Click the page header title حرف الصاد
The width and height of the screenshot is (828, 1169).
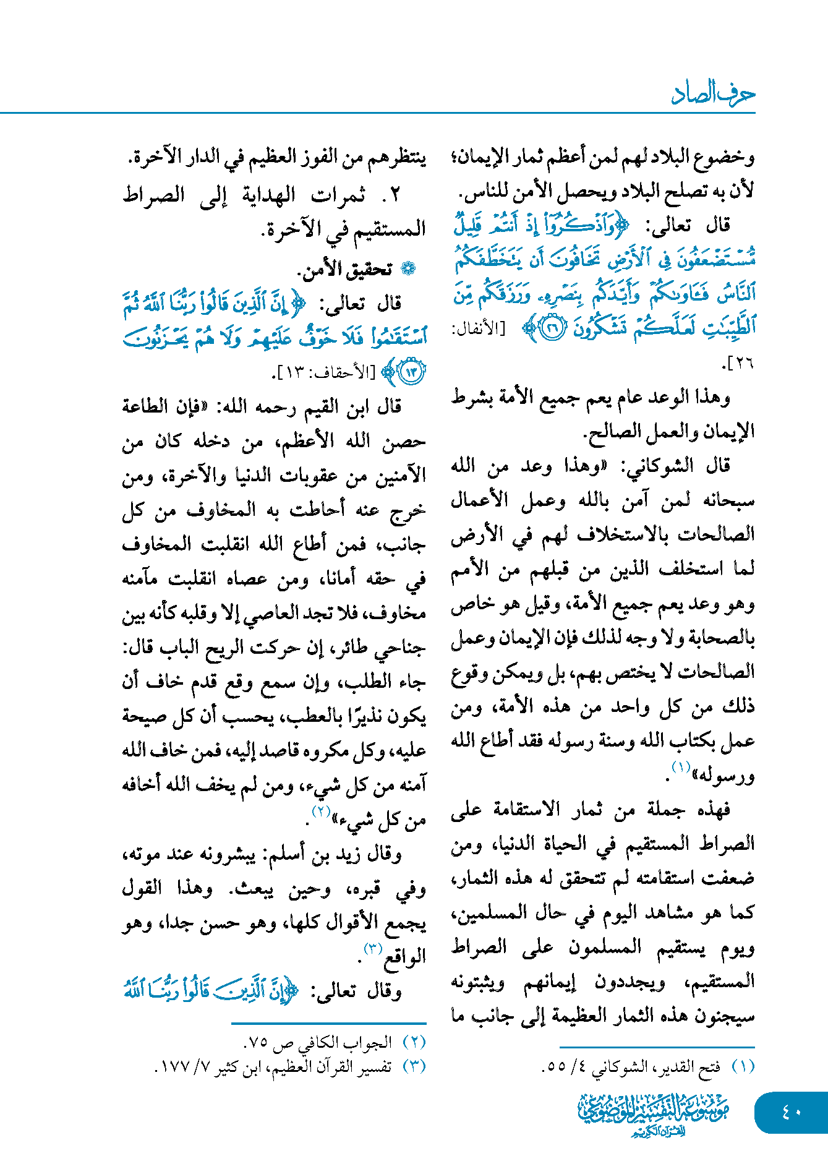(713, 94)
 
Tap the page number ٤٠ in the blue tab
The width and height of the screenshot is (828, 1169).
(792, 1112)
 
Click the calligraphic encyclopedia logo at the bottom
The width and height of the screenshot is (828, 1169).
(653, 1113)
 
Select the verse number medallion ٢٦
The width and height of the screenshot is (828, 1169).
(552, 327)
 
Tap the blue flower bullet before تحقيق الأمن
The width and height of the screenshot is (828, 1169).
(408, 268)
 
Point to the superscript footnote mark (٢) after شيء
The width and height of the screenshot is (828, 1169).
(321, 811)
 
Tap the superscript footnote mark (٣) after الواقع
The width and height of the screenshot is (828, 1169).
(373, 949)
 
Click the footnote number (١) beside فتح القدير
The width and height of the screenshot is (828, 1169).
(743, 1066)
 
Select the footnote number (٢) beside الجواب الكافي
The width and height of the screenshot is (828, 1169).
(414, 1042)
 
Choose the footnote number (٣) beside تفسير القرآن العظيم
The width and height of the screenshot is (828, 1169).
(414, 1066)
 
